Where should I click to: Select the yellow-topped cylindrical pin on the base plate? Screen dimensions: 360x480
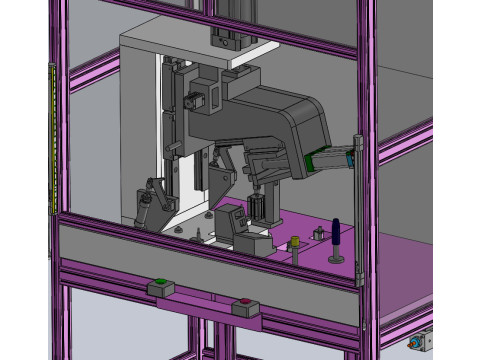point(296,243)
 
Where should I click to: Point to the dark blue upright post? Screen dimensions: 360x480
point(338,235)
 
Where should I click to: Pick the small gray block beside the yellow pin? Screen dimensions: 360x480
point(320,234)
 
